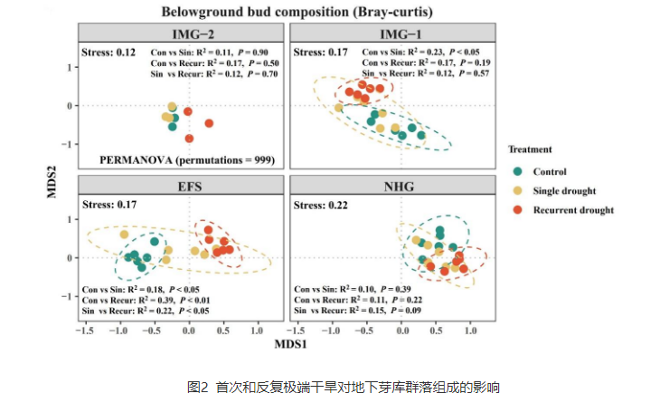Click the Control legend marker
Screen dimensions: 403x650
tap(519, 172)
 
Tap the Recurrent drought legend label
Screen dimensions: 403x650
tap(573, 210)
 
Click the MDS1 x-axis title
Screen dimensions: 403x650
tap(287, 344)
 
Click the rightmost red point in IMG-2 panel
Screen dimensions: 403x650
tap(209, 123)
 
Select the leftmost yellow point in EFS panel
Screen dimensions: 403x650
tap(124, 235)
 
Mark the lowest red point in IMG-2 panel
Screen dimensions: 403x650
tap(189, 139)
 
